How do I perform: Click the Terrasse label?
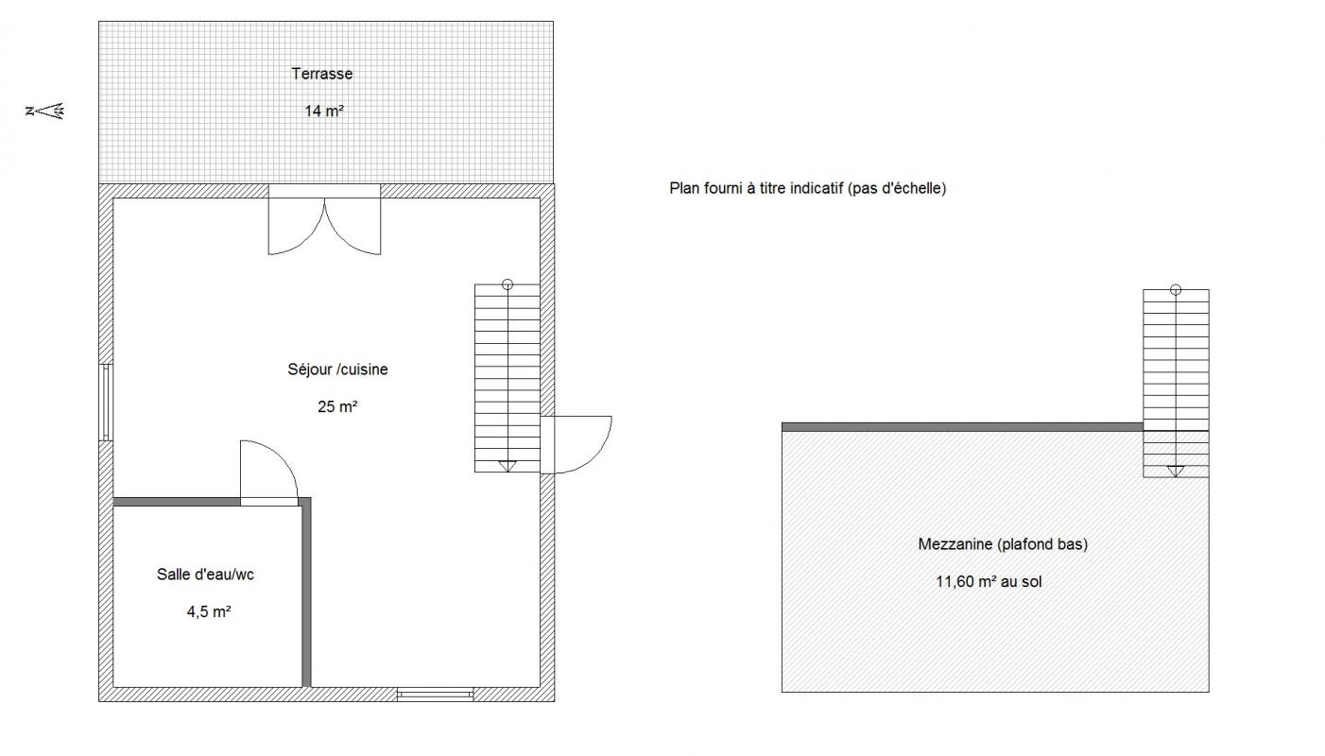coord(321,74)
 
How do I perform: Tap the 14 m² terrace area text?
coord(324,111)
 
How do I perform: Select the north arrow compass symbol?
coord(45,111)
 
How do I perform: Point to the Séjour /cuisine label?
coord(337,369)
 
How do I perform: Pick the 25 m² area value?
coord(337,406)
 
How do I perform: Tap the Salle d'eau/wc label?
coord(205,574)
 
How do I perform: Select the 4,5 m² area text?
coord(208,611)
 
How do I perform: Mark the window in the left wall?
coord(106,403)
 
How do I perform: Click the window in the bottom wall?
coord(436,695)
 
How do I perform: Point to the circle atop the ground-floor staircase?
coord(507,284)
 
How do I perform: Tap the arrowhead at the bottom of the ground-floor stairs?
coord(507,466)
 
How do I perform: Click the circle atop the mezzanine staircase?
coord(1176,290)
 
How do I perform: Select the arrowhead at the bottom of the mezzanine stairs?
coord(1176,472)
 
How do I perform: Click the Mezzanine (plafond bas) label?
coord(1003,544)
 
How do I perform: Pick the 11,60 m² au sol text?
coord(989,581)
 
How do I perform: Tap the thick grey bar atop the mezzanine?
coord(962,426)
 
